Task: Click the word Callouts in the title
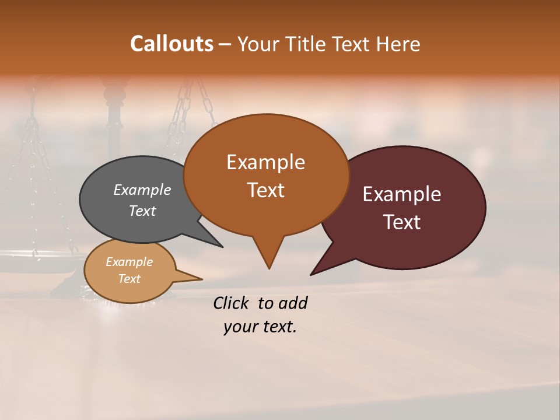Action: coord(171,44)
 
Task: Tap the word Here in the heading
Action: coord(398,44)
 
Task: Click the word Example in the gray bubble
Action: coord(142,190)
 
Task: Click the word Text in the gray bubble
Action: coord(142,211)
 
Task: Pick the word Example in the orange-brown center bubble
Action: coord(265,162)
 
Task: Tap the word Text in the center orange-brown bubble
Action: coord(265,190)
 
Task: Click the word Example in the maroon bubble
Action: coord(402,194)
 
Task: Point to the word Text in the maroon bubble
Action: coord(402,222)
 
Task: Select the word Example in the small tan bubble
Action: coord(129,262)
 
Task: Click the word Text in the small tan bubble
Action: coord(129,279)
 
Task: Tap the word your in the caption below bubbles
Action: coord(239,327)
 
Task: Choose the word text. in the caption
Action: coord(278,327)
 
